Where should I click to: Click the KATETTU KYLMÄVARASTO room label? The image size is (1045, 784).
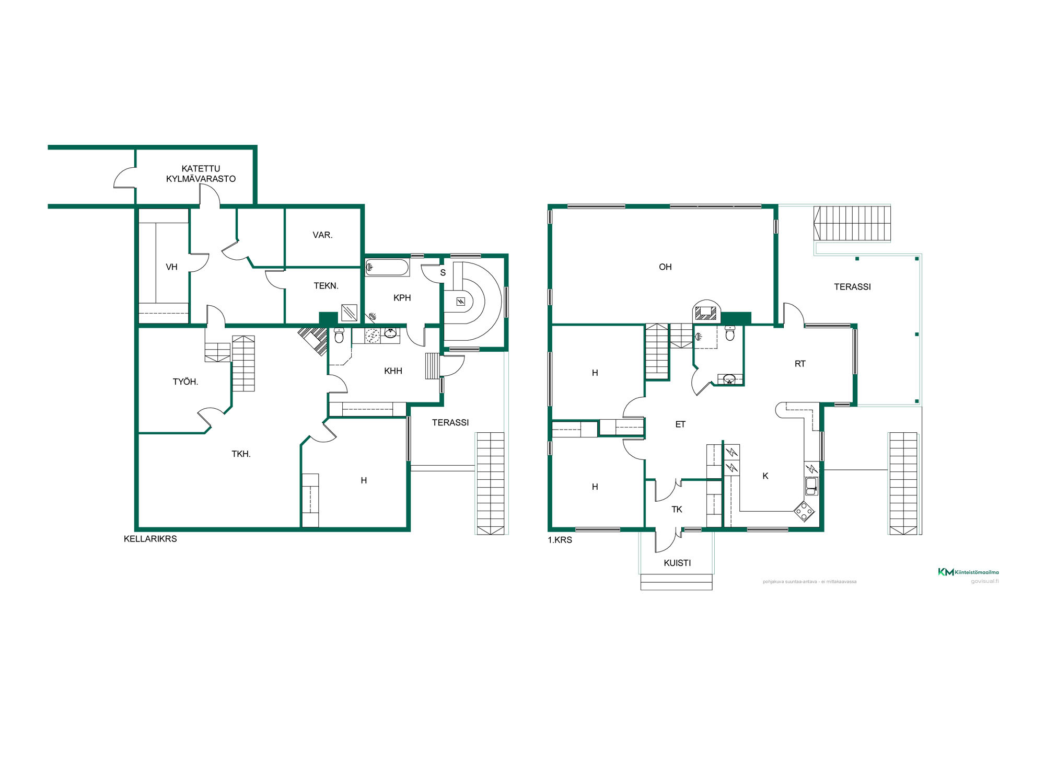tap(201, 174)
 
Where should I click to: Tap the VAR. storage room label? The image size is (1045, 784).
tap(322, 235)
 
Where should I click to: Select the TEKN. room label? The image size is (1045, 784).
tap(326, 286)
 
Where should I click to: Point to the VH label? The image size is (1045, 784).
tap(171, 267)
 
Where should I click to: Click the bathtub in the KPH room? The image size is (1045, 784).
tap(387, 268)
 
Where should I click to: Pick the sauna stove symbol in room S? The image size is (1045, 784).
tap(460, 302)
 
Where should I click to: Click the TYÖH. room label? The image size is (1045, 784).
tap(185, 382)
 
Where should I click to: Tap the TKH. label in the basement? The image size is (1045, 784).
tap(241, 454)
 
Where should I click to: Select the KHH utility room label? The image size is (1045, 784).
tap(393, 371)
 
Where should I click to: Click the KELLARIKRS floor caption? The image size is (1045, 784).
tap(150, 539)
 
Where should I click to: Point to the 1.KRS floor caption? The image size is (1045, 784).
tap(560, 540)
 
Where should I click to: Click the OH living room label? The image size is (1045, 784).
tap(665, 267)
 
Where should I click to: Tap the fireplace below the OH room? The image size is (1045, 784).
tap(706, 312)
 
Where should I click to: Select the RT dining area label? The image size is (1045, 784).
tap(800, 364)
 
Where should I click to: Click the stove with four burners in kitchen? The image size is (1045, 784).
tap(804, 511)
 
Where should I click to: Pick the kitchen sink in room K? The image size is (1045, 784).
tap(811, 486)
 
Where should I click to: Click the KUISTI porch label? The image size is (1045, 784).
tap(677, 563)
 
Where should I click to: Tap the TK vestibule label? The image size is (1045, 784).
tap(677, 510)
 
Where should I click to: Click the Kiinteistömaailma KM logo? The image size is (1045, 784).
tap(968, 572)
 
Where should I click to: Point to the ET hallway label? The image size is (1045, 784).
tap(680, 424)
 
